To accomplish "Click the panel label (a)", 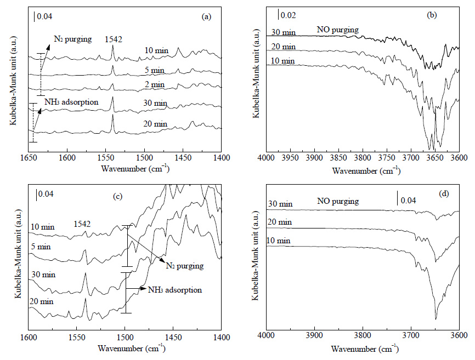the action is [206, 16].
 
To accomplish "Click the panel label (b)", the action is [431, 15].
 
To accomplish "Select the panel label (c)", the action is [117, 196].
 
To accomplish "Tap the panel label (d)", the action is [444, 193].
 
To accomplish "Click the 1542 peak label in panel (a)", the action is [114, 39].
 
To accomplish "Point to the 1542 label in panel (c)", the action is [82, 224].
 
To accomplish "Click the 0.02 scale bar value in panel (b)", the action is [288, 15].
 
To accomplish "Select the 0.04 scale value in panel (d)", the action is [408, 200].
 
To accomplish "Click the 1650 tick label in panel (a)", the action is [29, 158].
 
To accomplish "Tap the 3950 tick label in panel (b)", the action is [290, 158].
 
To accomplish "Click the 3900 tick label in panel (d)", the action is [314, 335].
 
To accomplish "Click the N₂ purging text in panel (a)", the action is [73, 39].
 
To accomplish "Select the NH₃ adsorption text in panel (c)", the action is [175, 290].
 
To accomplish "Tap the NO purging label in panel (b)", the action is [338, 30].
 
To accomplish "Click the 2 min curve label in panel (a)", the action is [155, 85].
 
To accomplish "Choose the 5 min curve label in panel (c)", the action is [41, 247].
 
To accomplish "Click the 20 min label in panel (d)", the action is [280, 222].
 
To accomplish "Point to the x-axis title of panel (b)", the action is [366, 170].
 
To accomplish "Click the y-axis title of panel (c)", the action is [18, 253].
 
